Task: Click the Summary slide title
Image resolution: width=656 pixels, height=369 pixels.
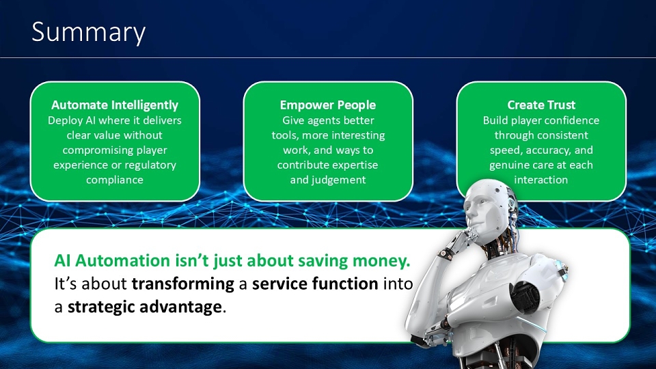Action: tap(89, 32)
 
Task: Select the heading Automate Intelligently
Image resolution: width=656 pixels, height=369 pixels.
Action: tap(115, 105)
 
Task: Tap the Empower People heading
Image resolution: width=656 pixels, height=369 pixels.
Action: tap(328, 105)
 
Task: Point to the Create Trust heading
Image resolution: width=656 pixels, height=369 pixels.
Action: tap(541, 105)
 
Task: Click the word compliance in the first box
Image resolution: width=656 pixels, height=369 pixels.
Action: tap(115, 180)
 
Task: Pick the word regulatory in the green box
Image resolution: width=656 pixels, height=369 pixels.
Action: tap(150, 165)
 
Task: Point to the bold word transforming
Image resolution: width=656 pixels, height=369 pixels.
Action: tap(183, 284)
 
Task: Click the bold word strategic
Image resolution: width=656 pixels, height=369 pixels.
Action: tap(102, 307)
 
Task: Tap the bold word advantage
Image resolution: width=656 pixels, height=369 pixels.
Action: tap(180, 307)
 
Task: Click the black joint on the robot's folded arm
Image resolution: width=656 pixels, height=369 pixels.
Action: tap(526, 296)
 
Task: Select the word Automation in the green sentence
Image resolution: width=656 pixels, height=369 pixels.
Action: tap(122, 260)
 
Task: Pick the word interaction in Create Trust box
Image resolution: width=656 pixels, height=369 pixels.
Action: tap(541, 180)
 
